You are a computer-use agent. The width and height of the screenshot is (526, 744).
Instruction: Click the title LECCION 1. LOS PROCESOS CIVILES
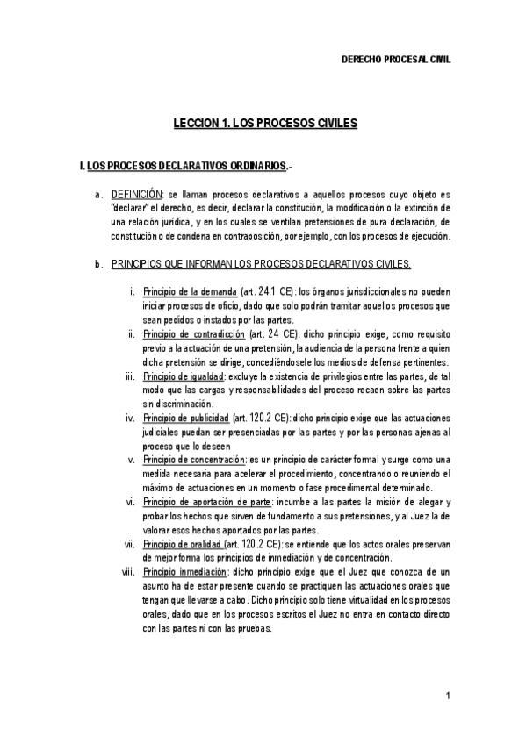click(263, 124)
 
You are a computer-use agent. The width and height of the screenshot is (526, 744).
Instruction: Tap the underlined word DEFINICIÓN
click(137, 193)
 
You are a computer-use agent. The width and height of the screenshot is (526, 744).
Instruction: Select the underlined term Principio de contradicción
click(194, 334)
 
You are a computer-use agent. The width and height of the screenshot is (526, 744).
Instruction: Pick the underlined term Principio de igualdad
click(183, 376)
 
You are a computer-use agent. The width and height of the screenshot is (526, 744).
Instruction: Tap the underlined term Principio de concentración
click(194, 460)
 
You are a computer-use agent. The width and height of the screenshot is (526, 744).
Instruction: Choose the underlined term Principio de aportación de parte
click(206, 502)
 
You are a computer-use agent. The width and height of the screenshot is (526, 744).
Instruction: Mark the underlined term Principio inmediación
click(181, 572)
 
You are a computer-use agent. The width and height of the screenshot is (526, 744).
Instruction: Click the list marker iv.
click(129, 418)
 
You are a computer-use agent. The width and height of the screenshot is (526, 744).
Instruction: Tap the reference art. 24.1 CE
click(269, 291)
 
